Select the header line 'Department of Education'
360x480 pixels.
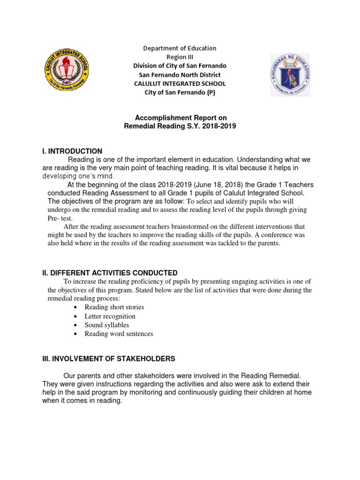[x=180, y=48]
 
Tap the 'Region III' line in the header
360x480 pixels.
[x=180, y=57]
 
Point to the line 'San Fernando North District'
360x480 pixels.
[x=180, y=75]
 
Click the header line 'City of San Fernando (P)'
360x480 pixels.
[x=180, y=92]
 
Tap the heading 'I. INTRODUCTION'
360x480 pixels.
[x=71, y=151]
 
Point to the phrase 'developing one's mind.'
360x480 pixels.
[x=78, y=176]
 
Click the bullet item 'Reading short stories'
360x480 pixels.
[x=114, y=307]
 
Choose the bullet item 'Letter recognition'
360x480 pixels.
[x=110, y=316]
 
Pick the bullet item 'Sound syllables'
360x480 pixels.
[x=106, y=325]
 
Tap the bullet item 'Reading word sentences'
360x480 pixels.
[x=119, y=334]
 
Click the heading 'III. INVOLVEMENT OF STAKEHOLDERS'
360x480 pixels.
[x=108, y=359]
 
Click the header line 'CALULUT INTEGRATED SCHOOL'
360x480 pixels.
[x=180, y=83]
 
